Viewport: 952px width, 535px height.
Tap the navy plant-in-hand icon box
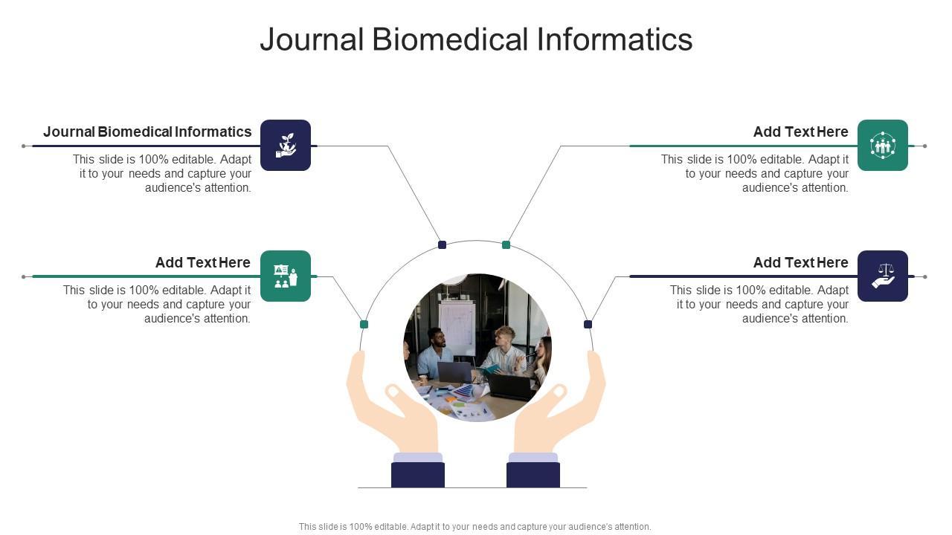pyautogui.click(x=286, y=146)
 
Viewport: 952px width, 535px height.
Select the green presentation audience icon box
pyautogui.click(x=286, y=276)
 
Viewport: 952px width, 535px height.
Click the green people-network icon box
pyautogui.click(x=883, y=146)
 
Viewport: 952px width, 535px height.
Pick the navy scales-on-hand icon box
pyautogui.click(x=883, y=276)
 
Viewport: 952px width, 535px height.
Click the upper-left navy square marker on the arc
pyautogui.click(x=442, y=244)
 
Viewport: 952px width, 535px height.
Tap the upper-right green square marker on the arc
pyautogui.click(x=506, y=244)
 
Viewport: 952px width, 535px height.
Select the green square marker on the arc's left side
pyautogui.click(x=364, y=324)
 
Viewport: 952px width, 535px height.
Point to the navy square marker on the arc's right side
pyautogui.click(x=588, y=324)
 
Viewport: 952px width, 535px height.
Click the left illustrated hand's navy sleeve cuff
pyautogui.click(x=418, y=475)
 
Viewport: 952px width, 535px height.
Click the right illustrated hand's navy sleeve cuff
pyautogui.click(x=533, y=475)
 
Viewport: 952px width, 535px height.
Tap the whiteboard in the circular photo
pyautogui.click(x=456, y=327)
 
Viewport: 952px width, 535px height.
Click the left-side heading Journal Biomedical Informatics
pyautogui.click(x=147, y=132)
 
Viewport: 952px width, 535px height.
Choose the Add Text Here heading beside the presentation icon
pyautogui.click(x=202, y=263)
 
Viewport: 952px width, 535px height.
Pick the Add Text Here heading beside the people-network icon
pyautogui.click(x=800, y=132)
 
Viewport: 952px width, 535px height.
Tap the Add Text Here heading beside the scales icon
pyautogui.click(x=800, y=263)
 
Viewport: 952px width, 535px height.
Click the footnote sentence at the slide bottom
pyautogui.click(x=475, y=527)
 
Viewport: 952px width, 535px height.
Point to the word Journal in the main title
pyautogui.click(x=312, y=39)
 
